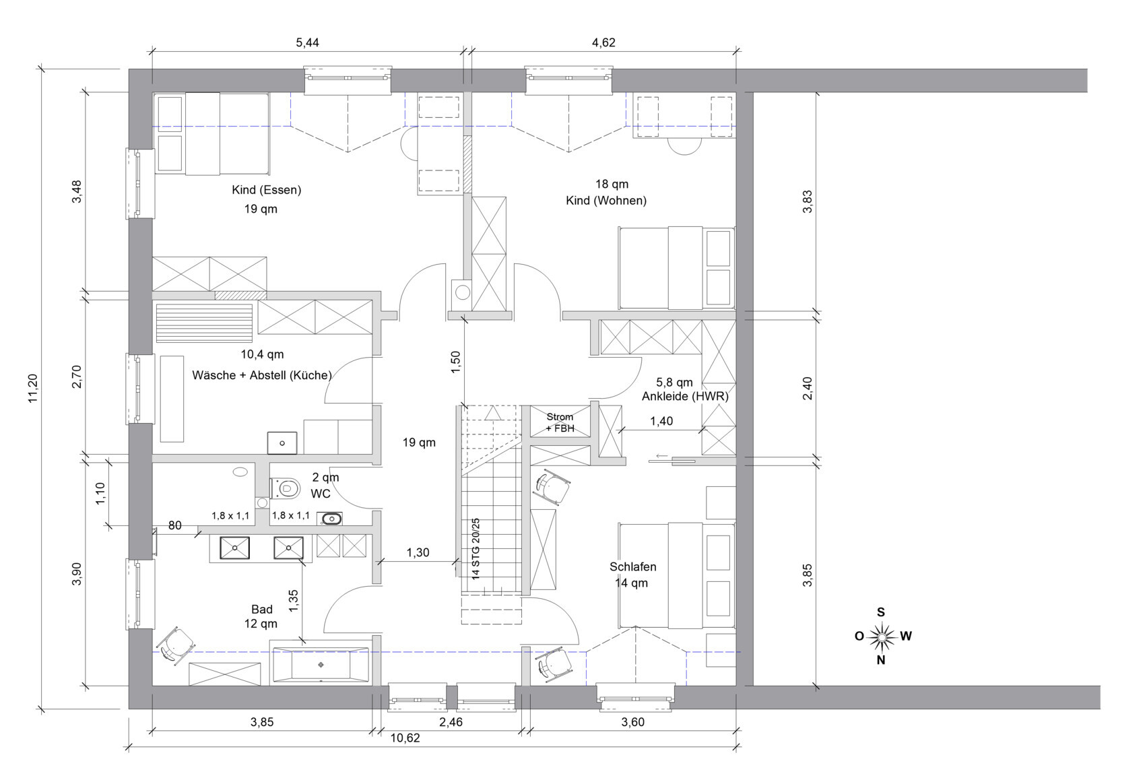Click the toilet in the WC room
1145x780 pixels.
(x=286, y=488)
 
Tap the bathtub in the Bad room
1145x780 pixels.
(x=321, y=665)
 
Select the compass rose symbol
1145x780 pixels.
(x=881, y=637)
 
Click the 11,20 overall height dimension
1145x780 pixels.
(x=33, y=389)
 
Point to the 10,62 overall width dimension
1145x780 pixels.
(x=405, y=738)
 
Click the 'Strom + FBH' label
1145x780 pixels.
(x=560, y=423)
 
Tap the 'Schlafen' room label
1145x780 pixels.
(x=632, y=567)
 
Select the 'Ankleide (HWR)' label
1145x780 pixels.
(x=685, y=396)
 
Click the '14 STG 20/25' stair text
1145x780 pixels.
(x=476, y=548)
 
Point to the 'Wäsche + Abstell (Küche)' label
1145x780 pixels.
(x=262, y=375)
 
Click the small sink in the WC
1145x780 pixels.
(x=330, y=519)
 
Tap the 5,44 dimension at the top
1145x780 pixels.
(x=307, y=42)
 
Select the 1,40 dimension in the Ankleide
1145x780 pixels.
(x=661, y=421)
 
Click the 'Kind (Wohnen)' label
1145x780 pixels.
(x=606, y=201)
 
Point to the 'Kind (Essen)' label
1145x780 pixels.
(x=266, y=190)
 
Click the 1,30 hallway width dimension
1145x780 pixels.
(x=418, y=552)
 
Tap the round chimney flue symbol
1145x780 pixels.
(x=463, y=292)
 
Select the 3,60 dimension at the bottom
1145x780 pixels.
(x=633, y=722)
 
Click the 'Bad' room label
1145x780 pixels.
(x=262, y=610)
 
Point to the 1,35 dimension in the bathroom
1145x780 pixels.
(x=294, y=601)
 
